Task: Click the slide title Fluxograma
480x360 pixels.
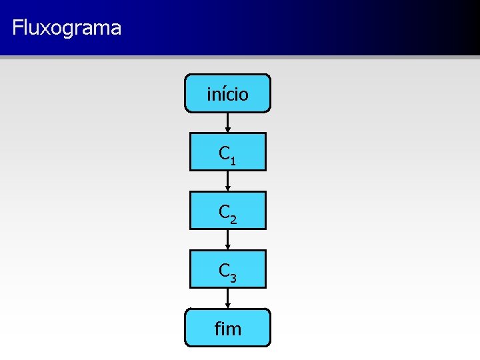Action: (67, 28)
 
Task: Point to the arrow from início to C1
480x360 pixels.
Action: (228, 122)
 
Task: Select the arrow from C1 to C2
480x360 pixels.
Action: (228, 181)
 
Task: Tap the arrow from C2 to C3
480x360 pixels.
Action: (228, 239)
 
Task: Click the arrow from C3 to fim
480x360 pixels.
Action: (228, 298)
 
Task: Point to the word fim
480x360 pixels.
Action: (228, 328)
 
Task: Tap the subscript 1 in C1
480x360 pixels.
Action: (232, 160)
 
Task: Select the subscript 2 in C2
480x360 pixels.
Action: (232, 219)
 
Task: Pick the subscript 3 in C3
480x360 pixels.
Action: (232, 277)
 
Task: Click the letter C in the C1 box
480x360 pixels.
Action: (224, 153)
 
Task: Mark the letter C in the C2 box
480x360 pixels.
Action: (224, 212)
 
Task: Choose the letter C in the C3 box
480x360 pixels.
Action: (224, 271)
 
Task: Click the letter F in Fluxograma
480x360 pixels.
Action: (17, 28)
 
